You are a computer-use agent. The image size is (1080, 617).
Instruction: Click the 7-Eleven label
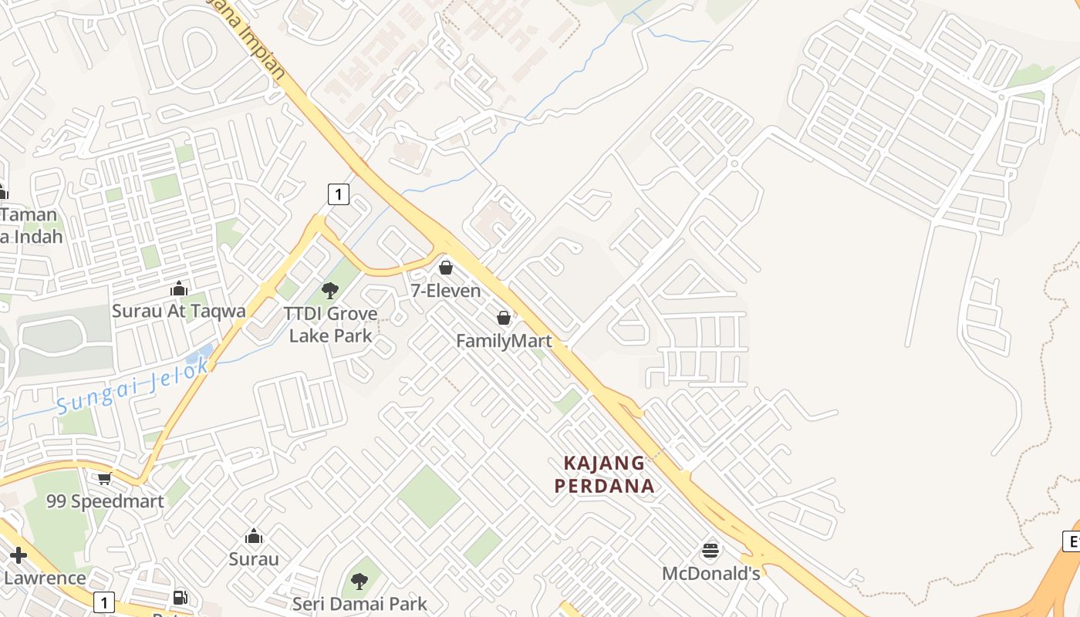[446, 291]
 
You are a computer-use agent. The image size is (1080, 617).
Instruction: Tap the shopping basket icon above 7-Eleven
[446, 268]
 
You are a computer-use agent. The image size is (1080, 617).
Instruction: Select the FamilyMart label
[504, 341]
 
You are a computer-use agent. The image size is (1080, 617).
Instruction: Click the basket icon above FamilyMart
[504, 318]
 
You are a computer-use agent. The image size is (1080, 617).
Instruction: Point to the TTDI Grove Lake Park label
[330, 324]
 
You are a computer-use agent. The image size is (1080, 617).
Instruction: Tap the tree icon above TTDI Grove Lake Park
[330, 291]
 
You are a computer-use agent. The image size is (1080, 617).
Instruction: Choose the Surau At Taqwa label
[179, 311]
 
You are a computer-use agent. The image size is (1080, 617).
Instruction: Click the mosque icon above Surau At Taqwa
[179, 288]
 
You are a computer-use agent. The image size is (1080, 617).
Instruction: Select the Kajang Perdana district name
[605, 474]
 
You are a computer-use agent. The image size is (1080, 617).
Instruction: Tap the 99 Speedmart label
[105, 501]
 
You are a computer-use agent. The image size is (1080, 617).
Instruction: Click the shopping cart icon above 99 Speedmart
[105, 479]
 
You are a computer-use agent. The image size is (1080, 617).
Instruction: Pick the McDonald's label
[711, 574]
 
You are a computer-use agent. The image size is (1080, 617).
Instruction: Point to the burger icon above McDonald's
[710, 551]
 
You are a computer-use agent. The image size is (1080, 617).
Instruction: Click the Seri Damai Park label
[359, 603]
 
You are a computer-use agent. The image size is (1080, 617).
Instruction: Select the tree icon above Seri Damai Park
[359, 581]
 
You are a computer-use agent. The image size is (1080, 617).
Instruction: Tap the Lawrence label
[45, 578]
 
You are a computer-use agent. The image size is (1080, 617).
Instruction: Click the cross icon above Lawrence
[19, 555]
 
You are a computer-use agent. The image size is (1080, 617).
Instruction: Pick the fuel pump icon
[181, 598]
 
